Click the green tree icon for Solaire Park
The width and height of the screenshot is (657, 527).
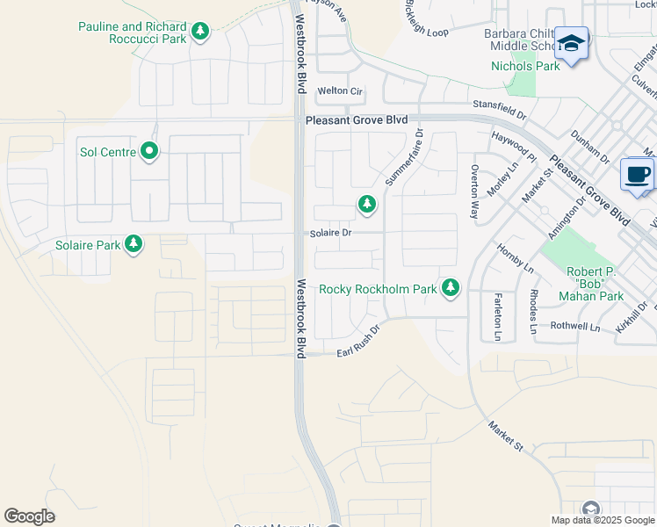[x=134, y=243]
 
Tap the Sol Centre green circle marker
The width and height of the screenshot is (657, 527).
[x=149, y=152]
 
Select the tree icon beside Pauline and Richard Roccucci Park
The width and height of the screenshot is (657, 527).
[x=200, y=32]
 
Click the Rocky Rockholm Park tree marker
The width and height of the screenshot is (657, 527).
[x=451, y=287]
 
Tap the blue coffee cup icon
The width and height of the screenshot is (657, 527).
[x=637, y=173]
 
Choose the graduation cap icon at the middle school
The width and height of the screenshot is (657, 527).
[x=571, y=43]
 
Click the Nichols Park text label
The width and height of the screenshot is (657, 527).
[x=524, y=66]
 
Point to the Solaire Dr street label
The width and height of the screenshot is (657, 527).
[x=330, y=233]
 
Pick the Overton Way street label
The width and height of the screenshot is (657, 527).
[x=475, y=191]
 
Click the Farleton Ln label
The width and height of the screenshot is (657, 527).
[x=497, y=316]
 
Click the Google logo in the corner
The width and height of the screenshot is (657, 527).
[x=29, y=516]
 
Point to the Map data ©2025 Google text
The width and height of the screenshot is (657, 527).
[x=602, y=519]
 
